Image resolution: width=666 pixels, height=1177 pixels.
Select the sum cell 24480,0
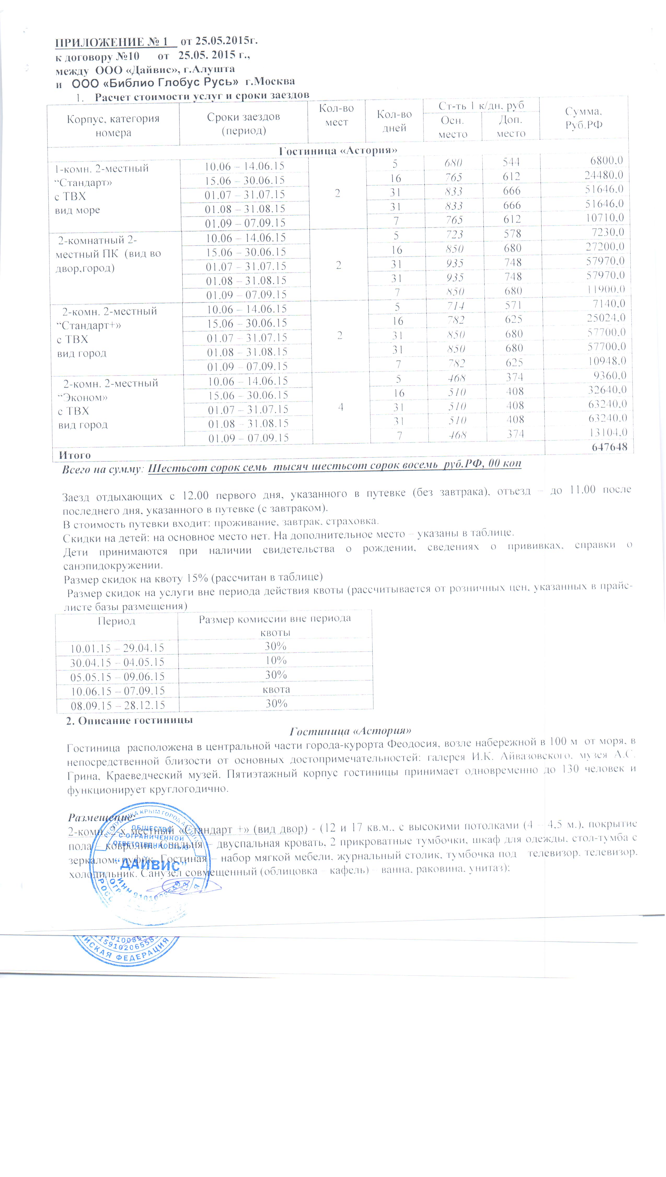point(604,175)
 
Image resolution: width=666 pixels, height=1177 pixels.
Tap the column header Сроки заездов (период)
point(243,124)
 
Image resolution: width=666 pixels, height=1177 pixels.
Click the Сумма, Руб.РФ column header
point(584,118)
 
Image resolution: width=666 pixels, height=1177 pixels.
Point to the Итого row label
point(74,455)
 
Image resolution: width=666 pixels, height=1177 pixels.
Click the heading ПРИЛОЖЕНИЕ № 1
point(115,43)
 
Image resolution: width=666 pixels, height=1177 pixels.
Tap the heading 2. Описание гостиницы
point(129,721)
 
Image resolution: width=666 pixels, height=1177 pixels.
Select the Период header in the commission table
point(117,621)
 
